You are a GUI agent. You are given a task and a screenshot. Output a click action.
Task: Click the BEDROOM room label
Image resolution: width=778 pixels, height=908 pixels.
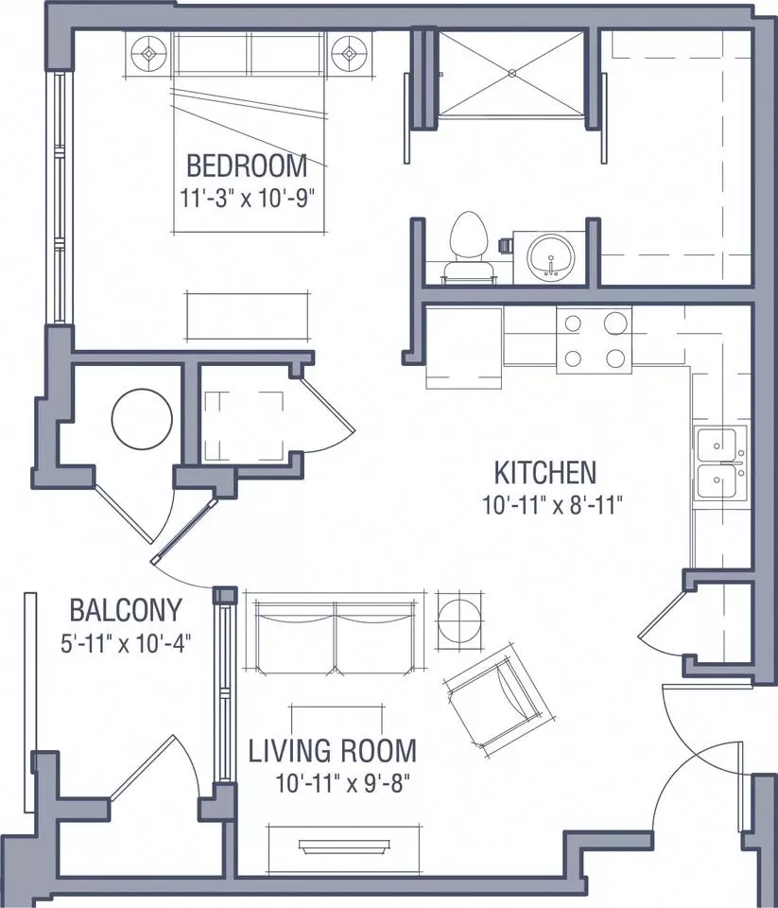[247, 166]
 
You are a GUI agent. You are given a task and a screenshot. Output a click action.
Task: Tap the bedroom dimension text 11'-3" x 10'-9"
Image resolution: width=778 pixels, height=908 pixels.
[247, 199]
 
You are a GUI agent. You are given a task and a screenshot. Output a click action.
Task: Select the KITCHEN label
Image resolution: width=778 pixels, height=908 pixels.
[545, 473]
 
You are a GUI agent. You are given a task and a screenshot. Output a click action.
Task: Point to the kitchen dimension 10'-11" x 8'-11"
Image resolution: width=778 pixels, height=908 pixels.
[552, 505]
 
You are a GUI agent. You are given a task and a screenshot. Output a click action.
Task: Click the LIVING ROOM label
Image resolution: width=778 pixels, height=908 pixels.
[332, 750]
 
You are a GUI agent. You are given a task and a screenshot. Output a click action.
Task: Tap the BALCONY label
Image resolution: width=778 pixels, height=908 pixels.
[126, 610]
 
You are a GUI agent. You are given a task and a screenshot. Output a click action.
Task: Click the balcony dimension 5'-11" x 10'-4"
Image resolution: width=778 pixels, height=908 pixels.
[126, 643]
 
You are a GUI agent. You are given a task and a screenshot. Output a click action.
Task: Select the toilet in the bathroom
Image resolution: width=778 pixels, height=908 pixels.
[468, 248]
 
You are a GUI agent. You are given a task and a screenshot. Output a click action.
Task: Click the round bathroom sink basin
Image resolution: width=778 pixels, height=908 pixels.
[550, 257]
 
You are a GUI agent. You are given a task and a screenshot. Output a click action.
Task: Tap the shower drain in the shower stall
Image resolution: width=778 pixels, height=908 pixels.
[511, 73]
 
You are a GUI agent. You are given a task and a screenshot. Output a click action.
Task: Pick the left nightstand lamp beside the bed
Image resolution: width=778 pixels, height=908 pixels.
[149, 54]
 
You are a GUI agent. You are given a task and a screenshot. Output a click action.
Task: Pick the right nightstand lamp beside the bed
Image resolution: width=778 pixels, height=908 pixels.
[349, 54]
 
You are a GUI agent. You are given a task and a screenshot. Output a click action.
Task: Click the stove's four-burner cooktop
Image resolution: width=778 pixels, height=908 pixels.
[594, 340]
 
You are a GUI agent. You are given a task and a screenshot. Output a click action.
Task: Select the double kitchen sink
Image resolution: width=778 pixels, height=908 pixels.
[720, 463]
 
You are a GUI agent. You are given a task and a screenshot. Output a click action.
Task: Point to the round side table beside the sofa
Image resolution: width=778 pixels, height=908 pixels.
[459, 620]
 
